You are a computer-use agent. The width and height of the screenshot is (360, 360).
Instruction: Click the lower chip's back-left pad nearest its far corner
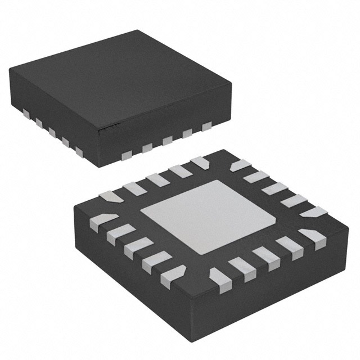(199, 163)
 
